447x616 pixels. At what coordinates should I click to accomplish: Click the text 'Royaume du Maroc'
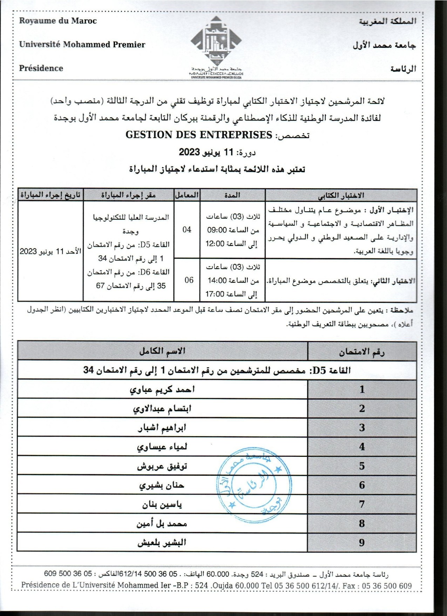58,21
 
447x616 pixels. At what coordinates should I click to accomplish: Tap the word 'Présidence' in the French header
41,68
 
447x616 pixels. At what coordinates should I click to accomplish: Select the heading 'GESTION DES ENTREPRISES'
199,135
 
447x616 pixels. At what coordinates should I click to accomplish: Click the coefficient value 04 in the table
187,230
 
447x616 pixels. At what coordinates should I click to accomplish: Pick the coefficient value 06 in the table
189,280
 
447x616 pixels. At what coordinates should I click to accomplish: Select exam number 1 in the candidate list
362,389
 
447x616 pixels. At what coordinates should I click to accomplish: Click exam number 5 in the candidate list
362,466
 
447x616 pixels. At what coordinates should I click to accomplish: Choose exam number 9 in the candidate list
362,543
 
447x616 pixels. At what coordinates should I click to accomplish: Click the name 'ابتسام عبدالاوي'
162,409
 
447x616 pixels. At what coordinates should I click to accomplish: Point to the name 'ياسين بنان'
162,505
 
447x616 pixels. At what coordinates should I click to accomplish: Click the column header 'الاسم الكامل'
162,351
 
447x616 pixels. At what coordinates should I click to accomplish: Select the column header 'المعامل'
187,195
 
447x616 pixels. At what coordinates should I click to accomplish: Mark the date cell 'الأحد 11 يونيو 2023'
50,251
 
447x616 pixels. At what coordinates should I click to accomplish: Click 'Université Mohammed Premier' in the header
82,45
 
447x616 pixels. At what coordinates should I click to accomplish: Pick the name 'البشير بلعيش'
162,543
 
